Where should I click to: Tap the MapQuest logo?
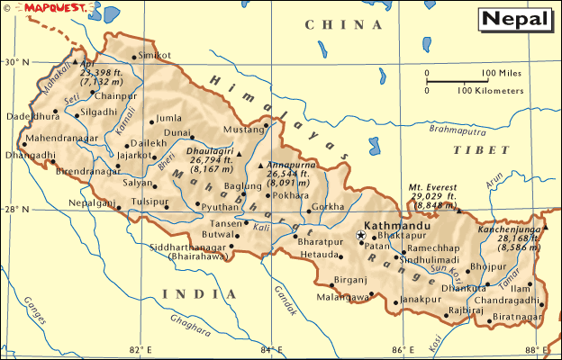coord(37,7)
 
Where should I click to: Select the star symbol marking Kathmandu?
coord(361,235)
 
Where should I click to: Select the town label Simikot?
coord(155,56)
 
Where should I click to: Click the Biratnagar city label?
coord(516,317)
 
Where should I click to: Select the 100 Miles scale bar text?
coord(500,73)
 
